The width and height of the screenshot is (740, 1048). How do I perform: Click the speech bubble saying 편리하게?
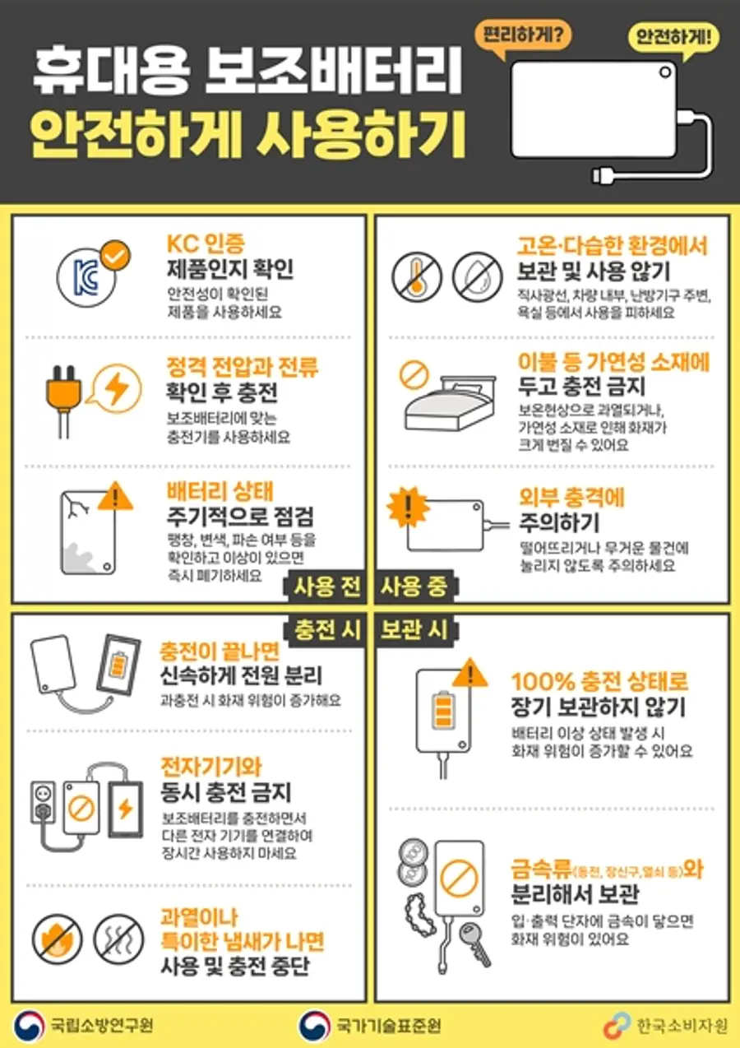point(522,36)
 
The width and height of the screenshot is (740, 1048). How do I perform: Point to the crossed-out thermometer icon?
point(416,277)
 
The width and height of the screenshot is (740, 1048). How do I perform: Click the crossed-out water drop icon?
point(477,277)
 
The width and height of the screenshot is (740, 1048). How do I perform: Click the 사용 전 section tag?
point(326,587)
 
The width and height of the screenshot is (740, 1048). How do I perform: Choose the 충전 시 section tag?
point(326,631)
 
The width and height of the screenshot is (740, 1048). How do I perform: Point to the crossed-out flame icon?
point(57,939)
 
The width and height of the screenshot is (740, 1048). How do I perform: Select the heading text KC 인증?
point(206,243)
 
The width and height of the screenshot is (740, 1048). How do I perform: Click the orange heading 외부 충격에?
point(571,498)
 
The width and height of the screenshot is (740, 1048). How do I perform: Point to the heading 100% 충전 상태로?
point(599,682)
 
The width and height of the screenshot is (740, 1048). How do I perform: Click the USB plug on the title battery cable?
point(604,176)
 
